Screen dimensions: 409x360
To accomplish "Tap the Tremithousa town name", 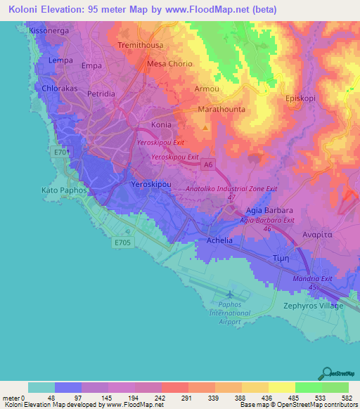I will [x=141, y=45].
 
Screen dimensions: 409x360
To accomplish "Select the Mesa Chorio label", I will [x=169, y=64].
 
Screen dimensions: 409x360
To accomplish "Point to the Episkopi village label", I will [x=303, y=98].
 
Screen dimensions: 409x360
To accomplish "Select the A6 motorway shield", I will [x=207, y=165].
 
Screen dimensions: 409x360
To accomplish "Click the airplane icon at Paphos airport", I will [x=231, y=292].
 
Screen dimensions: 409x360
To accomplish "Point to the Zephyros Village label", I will [x=313, y=306].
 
